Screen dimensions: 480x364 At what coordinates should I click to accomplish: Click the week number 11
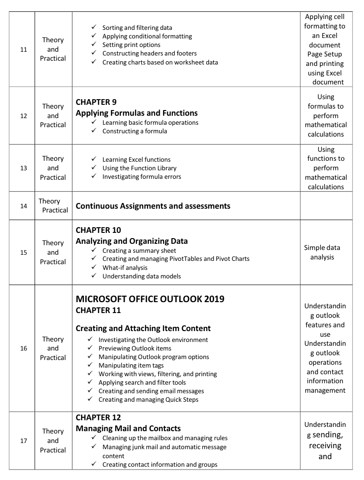(x=24, y=49)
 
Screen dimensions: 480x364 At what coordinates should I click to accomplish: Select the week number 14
(x=24, y=206)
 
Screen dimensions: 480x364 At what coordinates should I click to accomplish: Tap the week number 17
(x=24, y=441)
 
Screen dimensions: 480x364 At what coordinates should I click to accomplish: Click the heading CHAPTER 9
(x=96, y=102)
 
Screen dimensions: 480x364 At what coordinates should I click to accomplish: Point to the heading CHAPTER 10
(x=99, y=231)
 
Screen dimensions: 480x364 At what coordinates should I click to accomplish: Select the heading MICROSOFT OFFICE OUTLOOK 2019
(x=150, y=299)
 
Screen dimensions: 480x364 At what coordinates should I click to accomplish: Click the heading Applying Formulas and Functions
(x=136, y=113)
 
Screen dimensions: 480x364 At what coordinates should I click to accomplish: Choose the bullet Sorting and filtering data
(x=137, y=28)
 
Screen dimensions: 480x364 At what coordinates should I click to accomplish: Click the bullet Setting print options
(x=131, y=45)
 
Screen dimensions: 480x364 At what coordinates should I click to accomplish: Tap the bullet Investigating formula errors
(x=142, y=177)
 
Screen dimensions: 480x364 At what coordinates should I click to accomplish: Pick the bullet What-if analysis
(x=125, y=268)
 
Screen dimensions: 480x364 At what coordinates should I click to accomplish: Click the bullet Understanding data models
(x=142, y=276)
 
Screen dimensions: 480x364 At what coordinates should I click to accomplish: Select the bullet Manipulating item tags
(x=131, y=365)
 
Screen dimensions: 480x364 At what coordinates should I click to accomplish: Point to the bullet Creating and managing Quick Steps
(x=148, y=399)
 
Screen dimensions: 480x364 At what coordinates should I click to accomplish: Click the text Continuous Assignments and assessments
(x=153, y=206)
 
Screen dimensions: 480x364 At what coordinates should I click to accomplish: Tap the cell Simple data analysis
(x=322, y=252)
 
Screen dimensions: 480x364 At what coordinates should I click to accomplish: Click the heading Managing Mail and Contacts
(x=128, y=428)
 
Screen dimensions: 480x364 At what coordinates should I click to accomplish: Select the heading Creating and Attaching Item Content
(x=143, y=328)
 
